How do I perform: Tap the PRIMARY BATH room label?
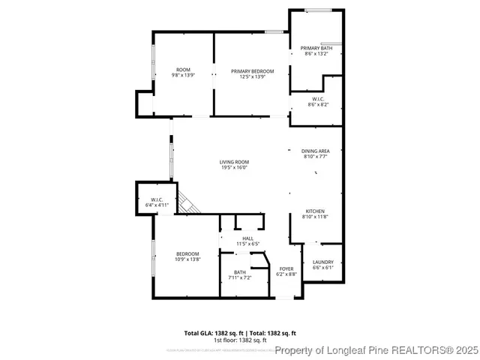click(x=316, y=48)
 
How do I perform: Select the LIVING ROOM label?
click(x=234, y=162)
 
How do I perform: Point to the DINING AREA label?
click(x=316, y=151)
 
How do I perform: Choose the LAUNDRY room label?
click(x=322, y=262)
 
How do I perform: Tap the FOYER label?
click(x=286, y=268)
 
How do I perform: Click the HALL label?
click(x=247, y=238)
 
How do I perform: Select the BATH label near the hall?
click(x=239, y=272)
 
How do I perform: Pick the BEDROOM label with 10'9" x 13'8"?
click(x=187, y=253)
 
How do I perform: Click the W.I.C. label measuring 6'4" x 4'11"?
click(x=157, y=199)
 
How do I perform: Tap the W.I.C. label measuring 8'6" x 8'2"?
click(x=317, y=99)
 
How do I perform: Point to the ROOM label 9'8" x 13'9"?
click(x=184, y=71)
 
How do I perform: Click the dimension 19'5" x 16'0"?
click(x=234, y=168)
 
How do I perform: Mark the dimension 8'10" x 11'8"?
click(x=316, y=217)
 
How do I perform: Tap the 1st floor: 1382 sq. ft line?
click(x=240, y=340)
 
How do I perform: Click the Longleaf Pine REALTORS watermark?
click(x=375, y=350)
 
